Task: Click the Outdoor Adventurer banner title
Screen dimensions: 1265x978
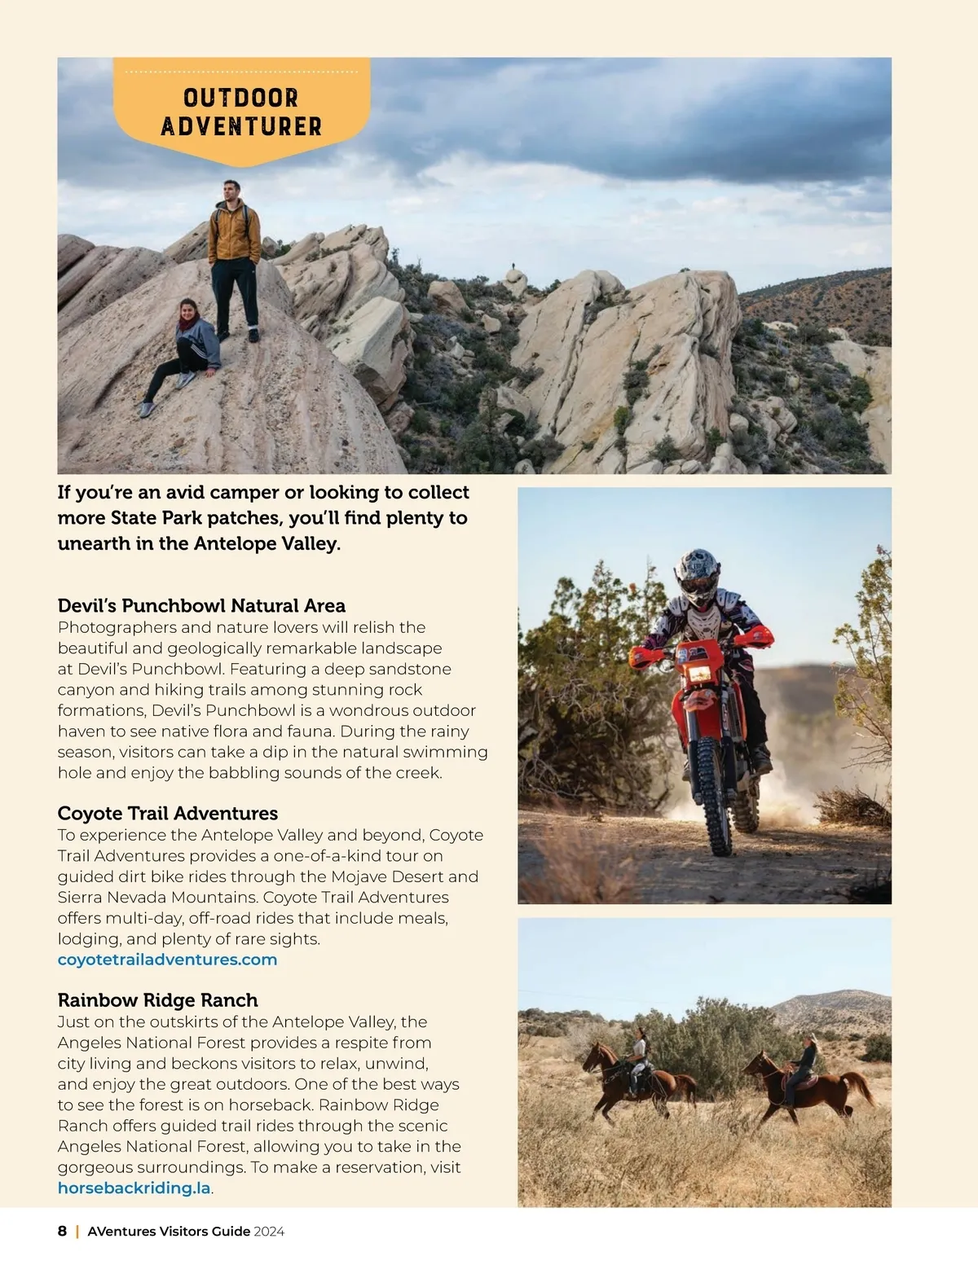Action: click(x=241, y=112)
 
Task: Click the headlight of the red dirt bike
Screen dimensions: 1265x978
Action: click(x=699, y=674)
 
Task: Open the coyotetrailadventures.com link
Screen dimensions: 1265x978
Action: click(x=167, y=960)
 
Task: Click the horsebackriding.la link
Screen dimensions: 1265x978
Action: click(x=134, y=1188)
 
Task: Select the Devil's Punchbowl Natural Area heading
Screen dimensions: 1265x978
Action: click(x=201, y=605)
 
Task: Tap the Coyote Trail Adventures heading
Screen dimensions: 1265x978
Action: click(x=167, y=813)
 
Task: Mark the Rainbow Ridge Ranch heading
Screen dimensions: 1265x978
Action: click(x=157, y=999)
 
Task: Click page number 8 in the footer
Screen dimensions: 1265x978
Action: click(x=62, y=1231)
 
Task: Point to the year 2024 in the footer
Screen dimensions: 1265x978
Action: click(x=269, y=1232)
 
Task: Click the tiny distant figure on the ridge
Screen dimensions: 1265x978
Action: click(x=513, y=266)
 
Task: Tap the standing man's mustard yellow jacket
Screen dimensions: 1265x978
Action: click(x=234, y=232)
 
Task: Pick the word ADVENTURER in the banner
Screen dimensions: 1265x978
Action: click(x=241, y=126)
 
